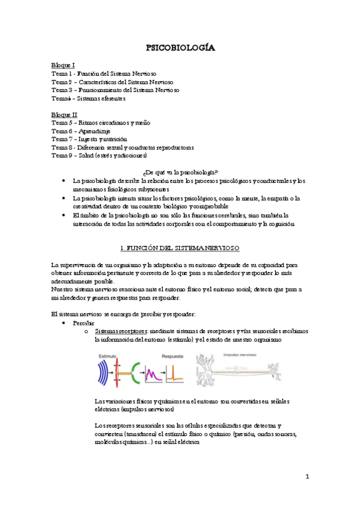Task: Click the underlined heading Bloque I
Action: [63, 64]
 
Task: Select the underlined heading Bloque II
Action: [64, 114]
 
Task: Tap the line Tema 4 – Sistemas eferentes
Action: [88, 98]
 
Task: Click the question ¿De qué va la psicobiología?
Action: [182, 171]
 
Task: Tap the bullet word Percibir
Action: [84, 323]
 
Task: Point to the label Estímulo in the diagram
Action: [107, 356]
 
